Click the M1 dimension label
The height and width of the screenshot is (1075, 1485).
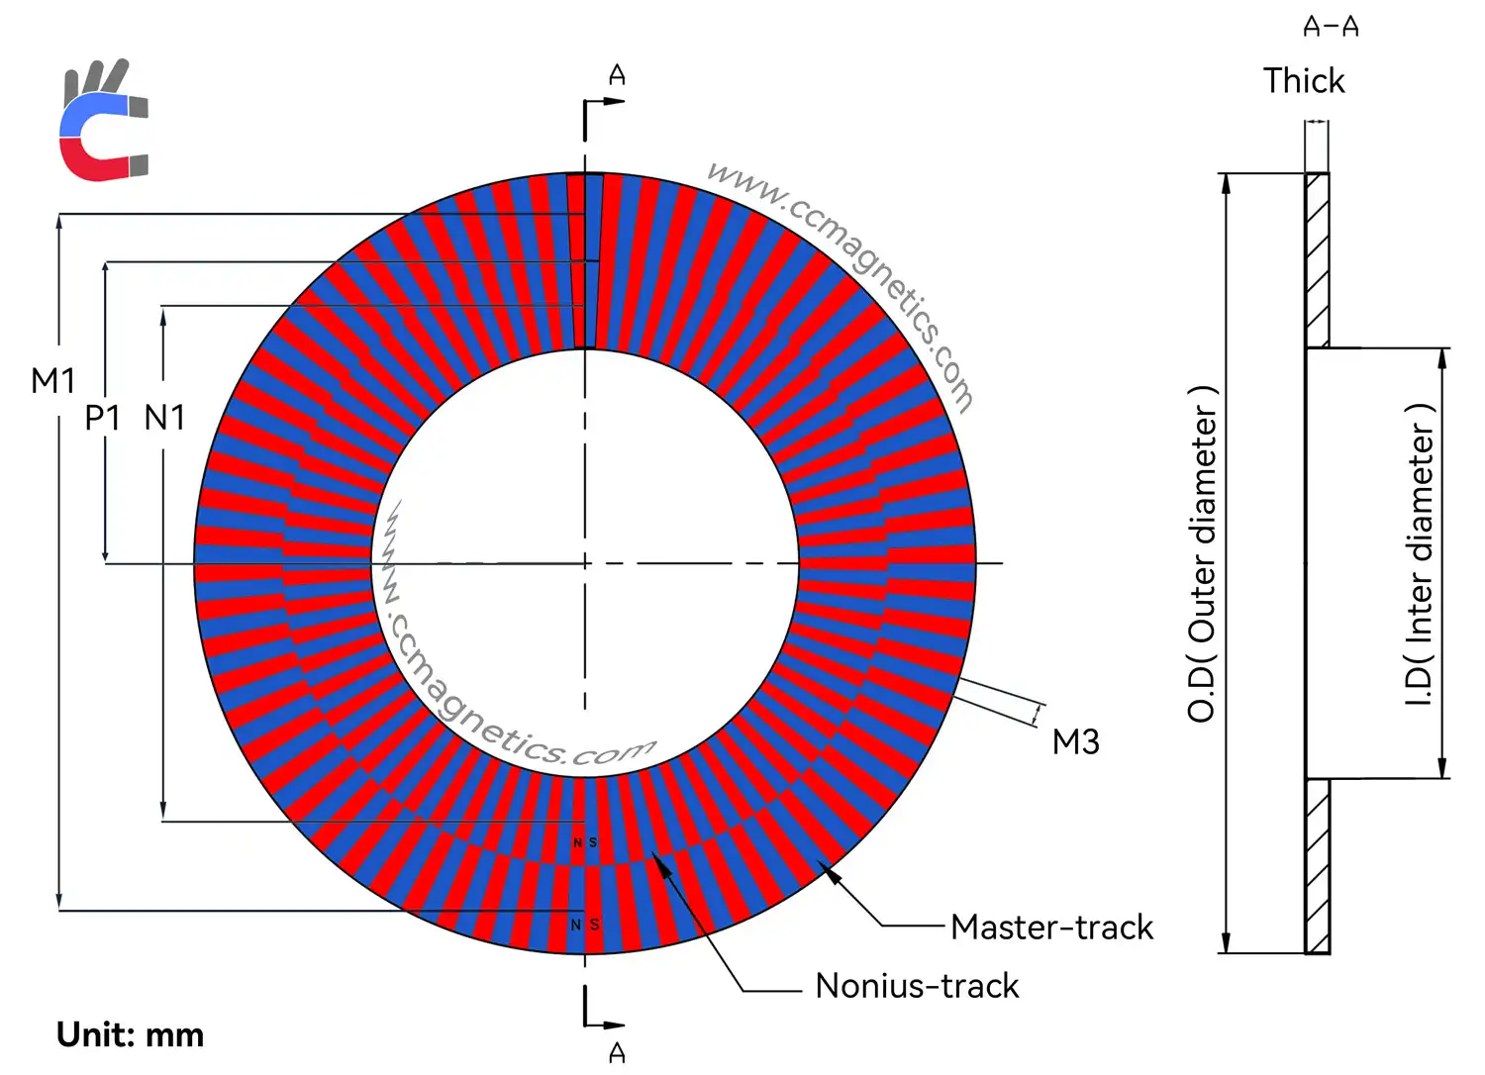(52, 381)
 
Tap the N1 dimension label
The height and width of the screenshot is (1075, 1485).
(164, 418)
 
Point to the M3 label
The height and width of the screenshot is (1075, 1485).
(1075, 742)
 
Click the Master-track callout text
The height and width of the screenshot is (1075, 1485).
(1051, 928)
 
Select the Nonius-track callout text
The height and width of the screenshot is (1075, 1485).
(917, 986)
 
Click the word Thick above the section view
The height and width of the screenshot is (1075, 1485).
(1304, 81)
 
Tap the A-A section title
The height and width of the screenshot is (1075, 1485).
(1331, 27)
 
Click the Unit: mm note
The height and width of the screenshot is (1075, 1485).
(130, 1035)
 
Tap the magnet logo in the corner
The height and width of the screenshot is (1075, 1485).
(103, 122)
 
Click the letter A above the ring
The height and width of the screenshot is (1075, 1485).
(617, 75)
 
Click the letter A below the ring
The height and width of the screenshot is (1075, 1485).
(617, 1052)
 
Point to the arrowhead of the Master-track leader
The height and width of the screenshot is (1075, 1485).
(830, 871)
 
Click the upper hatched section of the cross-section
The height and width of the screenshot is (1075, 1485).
(1317, 259)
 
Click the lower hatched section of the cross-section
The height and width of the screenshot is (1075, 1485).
(1317, 866)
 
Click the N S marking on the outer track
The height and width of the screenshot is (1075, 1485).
(585, 925)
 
